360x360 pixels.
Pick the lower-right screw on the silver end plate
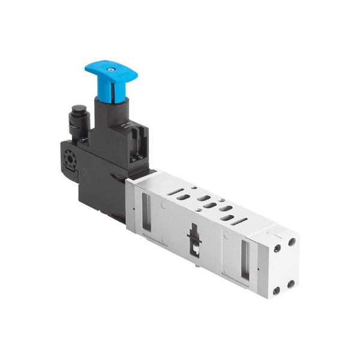(292, 283)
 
